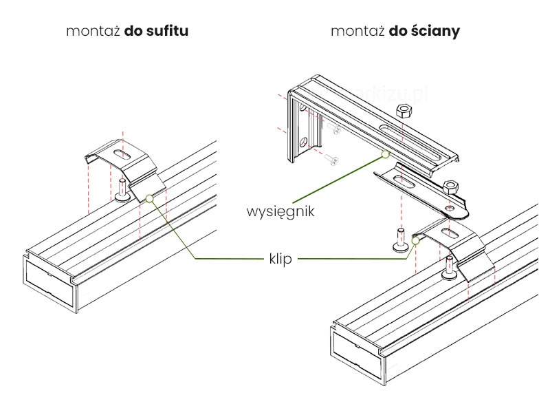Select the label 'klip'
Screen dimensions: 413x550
coord(280,260)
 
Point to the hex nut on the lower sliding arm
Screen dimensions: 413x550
coord(452,187)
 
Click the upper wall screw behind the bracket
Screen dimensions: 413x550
coord(335,129)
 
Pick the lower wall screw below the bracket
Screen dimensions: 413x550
coord(331,160)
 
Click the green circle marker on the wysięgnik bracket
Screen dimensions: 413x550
coord(386,156)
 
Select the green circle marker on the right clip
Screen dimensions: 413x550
coord(416,240)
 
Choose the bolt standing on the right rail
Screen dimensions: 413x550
coord(449,268)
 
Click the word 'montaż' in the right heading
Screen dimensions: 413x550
coord(357,32)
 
